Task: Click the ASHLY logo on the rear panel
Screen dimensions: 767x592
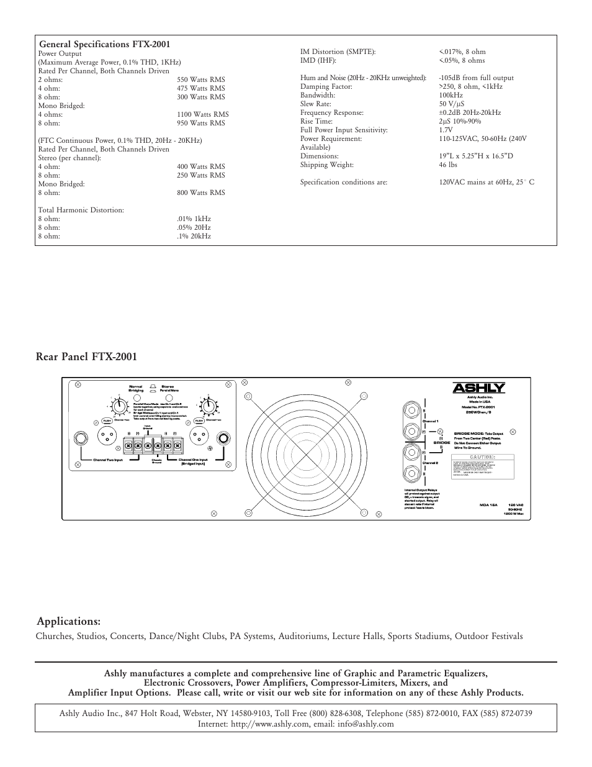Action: coord(478,388)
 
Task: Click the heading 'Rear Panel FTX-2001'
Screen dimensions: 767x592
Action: coord(86,356)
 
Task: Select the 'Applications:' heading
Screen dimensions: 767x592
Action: coord(68,621)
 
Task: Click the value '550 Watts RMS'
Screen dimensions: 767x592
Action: coord(200,79)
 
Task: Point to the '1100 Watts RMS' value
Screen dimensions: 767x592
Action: coord(202,114)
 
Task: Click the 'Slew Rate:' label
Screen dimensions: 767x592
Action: coord(315,104)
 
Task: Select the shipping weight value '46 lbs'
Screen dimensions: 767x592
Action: coord(449,165)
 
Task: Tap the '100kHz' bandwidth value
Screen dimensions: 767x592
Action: coord(451,95)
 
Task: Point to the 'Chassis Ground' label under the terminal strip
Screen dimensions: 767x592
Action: coord(157,461)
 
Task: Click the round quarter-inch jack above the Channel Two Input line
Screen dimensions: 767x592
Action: coord(81,438)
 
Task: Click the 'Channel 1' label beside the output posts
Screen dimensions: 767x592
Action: coord(430,420)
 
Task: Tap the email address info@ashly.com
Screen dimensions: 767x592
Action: coord(362,724)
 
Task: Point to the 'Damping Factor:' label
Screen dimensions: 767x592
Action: coord(326,86)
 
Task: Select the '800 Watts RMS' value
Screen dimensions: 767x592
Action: coord(200,193)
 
